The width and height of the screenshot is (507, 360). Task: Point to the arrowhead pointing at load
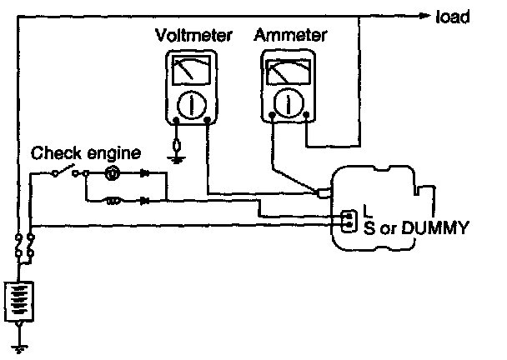click(x=424, y=15)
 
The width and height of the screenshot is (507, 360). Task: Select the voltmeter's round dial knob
click(x=191, y=102)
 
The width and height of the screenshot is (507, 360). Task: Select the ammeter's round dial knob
click(x=288, y=101)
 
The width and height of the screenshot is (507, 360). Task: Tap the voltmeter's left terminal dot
click(x=177, y=120)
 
